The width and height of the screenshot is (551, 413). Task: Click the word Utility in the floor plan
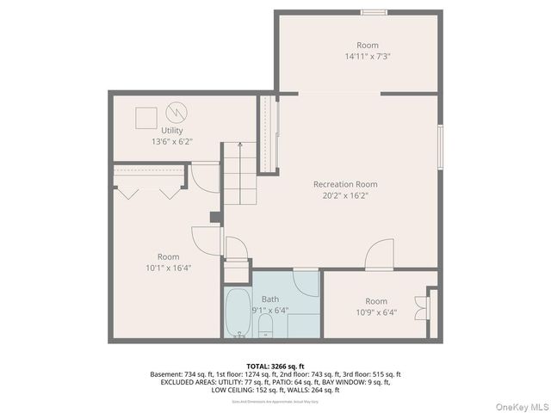171,131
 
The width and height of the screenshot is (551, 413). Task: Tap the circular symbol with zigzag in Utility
176,112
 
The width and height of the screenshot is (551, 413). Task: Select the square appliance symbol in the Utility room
146,116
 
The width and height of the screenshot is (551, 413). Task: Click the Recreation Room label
345,184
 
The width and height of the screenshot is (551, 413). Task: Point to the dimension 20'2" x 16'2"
345,195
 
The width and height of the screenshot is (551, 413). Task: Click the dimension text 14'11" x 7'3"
368,56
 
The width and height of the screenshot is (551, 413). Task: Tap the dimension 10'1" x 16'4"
168,268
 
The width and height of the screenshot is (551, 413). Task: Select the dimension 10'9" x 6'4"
375,312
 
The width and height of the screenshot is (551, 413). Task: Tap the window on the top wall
373,12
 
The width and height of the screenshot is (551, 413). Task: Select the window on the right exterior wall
440,146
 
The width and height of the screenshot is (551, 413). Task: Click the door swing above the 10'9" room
380,256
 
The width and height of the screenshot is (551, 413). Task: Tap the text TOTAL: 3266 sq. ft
275,366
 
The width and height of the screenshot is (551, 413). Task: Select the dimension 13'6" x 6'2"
171,141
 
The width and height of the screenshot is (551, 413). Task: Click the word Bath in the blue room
269,299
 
